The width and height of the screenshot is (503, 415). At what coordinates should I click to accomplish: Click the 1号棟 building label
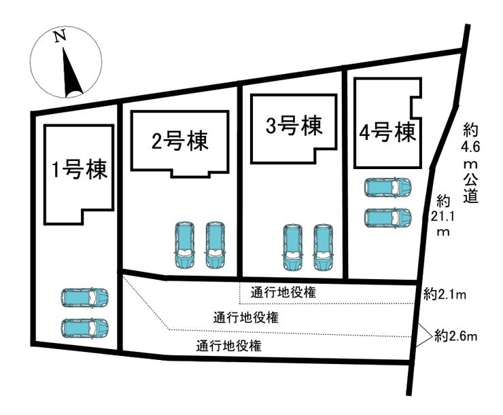click(x=80, y=170)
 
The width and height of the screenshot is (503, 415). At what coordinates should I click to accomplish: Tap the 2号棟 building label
click(x=180, y=141)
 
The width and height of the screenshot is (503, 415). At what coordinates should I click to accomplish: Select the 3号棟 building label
click(x=294, y=126)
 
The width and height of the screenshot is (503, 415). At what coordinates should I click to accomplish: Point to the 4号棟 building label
click(x=388, y=132)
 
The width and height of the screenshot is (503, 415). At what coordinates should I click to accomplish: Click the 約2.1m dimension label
click(x=445, y=294)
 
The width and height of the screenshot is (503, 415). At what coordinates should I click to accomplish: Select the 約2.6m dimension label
click(x=456, y=336)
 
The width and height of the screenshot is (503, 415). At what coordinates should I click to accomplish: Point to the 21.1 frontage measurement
click(x=443, y=217)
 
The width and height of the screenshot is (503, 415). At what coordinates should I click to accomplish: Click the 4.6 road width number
click(x=470, y=147)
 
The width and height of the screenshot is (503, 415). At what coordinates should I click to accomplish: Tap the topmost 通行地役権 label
click(x=283, y=292)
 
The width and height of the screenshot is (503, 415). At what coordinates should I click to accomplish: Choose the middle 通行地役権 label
click(x=246, y=318)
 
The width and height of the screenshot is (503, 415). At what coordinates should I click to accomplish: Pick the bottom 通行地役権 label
click(x=228, y=346)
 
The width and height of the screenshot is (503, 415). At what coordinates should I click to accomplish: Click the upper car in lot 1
click(x=85, y=297)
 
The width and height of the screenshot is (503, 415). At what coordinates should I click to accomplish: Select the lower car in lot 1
click(x=85, y=328)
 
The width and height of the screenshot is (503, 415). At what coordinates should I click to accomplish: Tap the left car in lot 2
click(x=184, y=245)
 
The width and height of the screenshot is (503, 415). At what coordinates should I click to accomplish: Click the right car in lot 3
click(x=324, y=247)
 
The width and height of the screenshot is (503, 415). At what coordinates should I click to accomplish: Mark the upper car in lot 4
click(x=387, y=187)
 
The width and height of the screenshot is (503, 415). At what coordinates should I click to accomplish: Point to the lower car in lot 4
click(x=387, y=217)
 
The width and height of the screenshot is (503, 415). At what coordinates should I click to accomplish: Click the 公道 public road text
click(x=470, y=188)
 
